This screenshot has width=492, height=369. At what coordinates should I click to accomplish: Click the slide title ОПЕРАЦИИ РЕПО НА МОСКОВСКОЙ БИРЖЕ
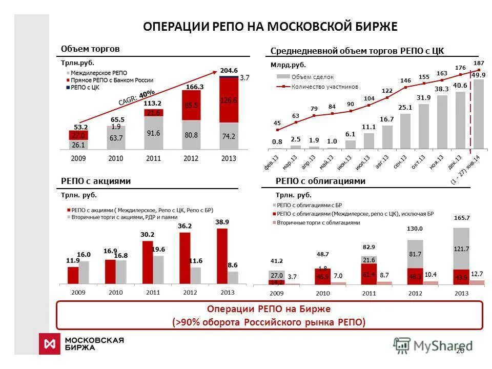click(x=270, y=27)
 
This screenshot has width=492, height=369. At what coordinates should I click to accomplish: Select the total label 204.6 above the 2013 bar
click(x=229, y=70)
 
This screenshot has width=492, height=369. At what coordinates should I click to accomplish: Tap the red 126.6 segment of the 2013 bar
click(x=229, y=100)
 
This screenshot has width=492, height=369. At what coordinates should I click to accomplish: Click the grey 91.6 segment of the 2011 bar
click(x=153, y=133)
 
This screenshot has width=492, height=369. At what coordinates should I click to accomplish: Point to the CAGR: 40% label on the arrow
click(x=136, y=97)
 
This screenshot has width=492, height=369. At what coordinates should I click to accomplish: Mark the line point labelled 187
click(x=479, y=70)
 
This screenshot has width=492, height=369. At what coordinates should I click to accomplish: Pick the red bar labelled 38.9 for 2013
click(x=222, y=256)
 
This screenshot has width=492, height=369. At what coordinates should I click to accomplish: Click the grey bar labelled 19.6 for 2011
click(x=159, y=270)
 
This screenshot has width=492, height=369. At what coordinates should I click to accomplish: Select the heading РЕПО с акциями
click(x=96, y=181)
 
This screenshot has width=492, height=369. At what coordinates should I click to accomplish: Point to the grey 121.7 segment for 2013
click(x=461, y=249)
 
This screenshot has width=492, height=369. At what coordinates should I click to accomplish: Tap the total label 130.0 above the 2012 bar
click(x=415, y=229)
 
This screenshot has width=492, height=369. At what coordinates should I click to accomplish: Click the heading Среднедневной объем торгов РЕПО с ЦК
click(x=357, y=50)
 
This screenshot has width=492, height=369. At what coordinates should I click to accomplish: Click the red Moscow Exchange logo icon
click(x=49, y=343)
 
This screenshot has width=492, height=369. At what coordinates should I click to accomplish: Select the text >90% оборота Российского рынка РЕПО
click(x=269, y=322)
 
